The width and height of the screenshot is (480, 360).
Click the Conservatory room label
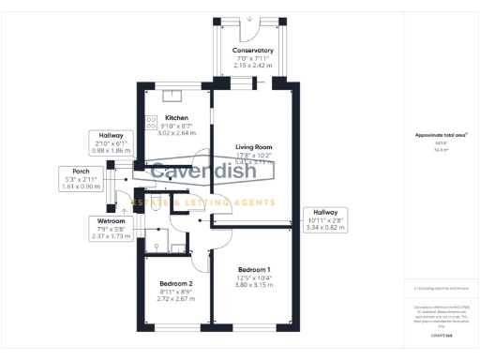[x=252, y=51]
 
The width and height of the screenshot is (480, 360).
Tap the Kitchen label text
[x=164, y=118]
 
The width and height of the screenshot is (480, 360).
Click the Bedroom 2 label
[x=175, y=283]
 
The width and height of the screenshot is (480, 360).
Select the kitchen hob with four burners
[x=150, y=121]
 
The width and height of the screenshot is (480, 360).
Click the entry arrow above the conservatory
[x=251, y=18]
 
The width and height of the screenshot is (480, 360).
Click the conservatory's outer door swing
[x=250, y=34]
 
